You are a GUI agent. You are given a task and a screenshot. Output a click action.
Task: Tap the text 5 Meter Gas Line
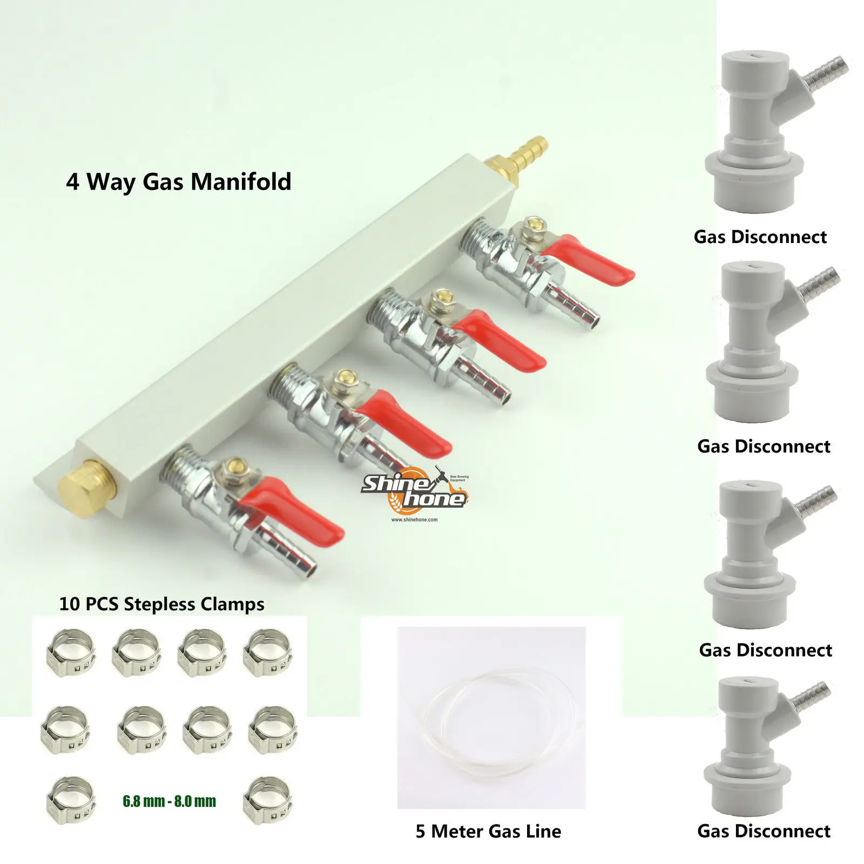[x=488, y=831]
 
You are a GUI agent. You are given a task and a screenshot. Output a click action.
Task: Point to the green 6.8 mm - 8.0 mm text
[x=169, y=801]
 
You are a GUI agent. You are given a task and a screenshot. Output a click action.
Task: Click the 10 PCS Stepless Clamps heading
[x=161, y=604]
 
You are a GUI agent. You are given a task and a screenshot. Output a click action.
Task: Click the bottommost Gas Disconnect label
[x=764, y=831]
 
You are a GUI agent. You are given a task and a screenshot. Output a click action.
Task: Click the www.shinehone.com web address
[x=414, y=520]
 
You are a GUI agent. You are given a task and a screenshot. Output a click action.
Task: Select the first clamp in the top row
[x=71, y=652]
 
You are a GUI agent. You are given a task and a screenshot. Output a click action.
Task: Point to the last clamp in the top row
[x=267, y=652]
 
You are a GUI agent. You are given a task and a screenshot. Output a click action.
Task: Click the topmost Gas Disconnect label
[x=760, y=237]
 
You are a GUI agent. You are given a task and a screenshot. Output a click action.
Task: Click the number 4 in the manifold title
[x=72, y=182]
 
